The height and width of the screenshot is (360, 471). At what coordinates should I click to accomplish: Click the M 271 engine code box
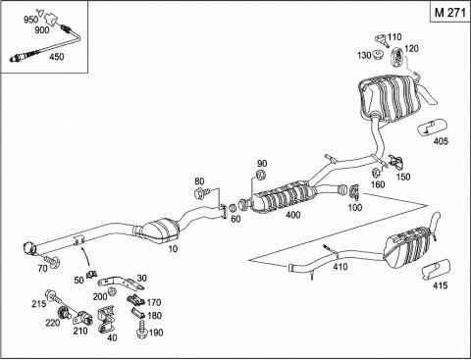tap(449, 12)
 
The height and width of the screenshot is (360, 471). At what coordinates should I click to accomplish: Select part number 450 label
tap(56, 57)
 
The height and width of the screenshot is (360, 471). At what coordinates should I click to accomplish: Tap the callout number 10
tap(173, 249)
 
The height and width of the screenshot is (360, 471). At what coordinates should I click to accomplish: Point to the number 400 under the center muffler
tap(292, 215)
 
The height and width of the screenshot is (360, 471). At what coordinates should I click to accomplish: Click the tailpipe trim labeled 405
tap(433, 127)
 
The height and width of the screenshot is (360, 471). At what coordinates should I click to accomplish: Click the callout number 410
tap(340, 267)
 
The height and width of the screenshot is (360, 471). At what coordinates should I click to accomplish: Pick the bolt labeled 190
tap(141, 330)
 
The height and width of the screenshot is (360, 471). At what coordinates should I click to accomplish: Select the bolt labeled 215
tap(54, 296)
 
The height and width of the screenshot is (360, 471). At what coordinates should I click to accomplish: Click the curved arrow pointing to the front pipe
tap(86, 257)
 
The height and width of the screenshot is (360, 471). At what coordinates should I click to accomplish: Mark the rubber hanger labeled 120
tap(397, 57)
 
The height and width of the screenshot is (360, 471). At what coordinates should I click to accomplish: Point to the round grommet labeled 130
tap(377, 55)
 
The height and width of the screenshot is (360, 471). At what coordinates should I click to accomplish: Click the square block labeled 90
tap(261, 175)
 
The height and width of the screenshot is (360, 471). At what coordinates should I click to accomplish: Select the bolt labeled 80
tap(200, 192)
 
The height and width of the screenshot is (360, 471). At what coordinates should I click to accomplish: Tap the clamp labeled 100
tap(354, 191)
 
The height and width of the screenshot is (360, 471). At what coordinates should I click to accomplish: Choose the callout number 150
tap(403, 177)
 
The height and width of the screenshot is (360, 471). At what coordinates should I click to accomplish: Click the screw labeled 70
tap(53, 260)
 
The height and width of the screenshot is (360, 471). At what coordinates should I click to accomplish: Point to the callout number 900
tap(42, 30)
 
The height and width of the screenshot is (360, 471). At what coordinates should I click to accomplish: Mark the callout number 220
tap(53, 323)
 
